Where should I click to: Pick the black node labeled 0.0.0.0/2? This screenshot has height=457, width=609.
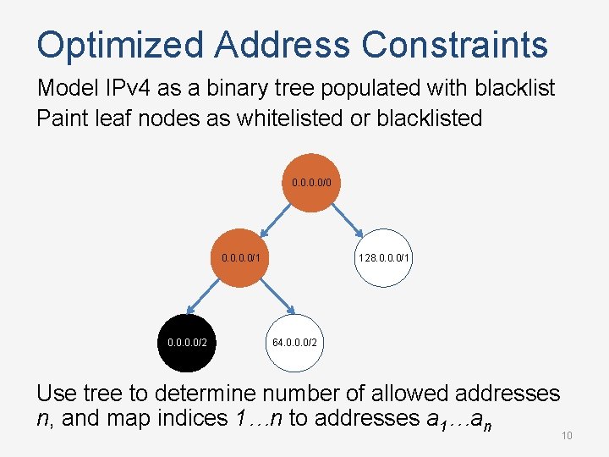click(187, 343)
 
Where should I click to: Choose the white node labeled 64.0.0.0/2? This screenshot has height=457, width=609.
click(295, 343)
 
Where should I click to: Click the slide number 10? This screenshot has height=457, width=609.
click(568, 435)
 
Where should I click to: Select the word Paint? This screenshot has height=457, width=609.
click(63, 118)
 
